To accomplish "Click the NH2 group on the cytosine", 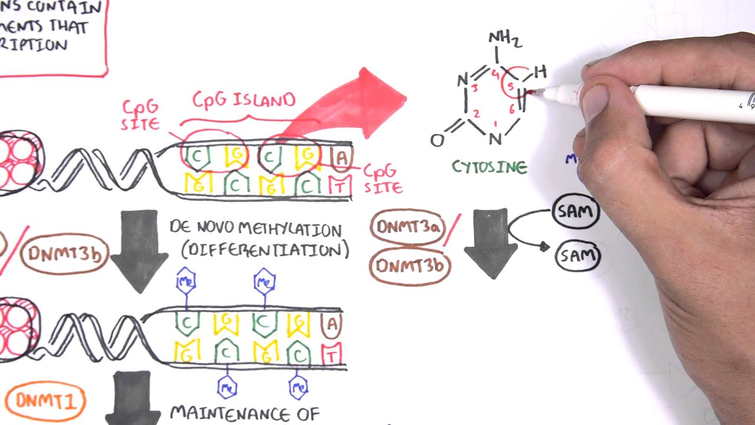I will (504, 40).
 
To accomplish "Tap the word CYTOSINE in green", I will (489, 168).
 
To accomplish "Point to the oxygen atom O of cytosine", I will (437, 140).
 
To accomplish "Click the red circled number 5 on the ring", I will (511, 87).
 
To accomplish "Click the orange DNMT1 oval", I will (46, 402).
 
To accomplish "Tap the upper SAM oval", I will (576, 211).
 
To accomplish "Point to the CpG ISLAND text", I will (243, 100).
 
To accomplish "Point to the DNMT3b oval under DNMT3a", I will (409, 266).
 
